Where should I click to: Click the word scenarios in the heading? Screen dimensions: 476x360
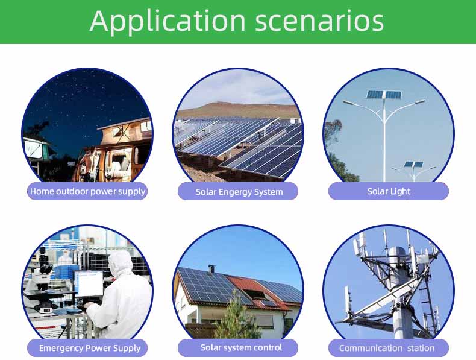point(319,22)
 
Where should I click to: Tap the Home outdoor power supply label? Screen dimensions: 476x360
point(87,191)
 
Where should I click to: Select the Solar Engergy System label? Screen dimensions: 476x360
point(239,192)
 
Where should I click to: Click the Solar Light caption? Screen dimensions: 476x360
point(389,191)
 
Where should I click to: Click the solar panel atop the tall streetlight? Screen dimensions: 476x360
point(384,95)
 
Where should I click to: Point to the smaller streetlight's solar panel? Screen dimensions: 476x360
point(413,165)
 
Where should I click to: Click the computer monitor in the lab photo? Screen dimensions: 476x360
point(89,284)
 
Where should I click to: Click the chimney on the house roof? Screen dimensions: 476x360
point(211,269)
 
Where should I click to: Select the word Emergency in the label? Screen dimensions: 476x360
point(61,348)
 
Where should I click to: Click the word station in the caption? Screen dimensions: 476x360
point(421,348)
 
